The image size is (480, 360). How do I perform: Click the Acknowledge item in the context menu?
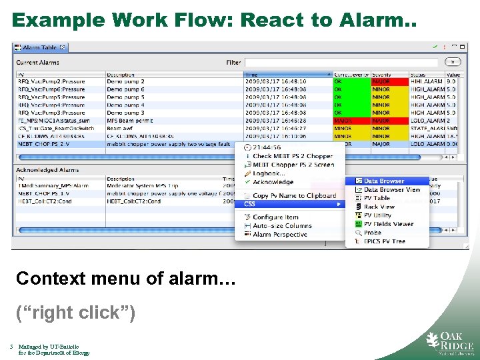273,182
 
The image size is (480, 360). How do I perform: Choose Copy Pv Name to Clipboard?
294,196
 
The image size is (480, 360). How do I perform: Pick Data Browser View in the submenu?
392,190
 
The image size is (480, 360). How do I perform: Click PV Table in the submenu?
377,198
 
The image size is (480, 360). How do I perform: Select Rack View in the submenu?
379,207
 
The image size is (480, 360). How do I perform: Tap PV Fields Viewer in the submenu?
388,224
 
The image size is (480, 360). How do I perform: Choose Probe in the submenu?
373,233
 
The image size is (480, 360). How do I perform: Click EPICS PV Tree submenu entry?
384,241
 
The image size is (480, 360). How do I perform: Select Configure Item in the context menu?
275,217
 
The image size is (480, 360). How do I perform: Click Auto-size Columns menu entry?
282,226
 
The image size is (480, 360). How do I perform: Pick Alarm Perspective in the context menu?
281,235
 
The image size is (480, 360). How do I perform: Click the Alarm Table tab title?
39,48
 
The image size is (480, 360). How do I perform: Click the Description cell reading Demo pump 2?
125,81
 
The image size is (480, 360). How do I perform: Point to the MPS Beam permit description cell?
129,121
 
